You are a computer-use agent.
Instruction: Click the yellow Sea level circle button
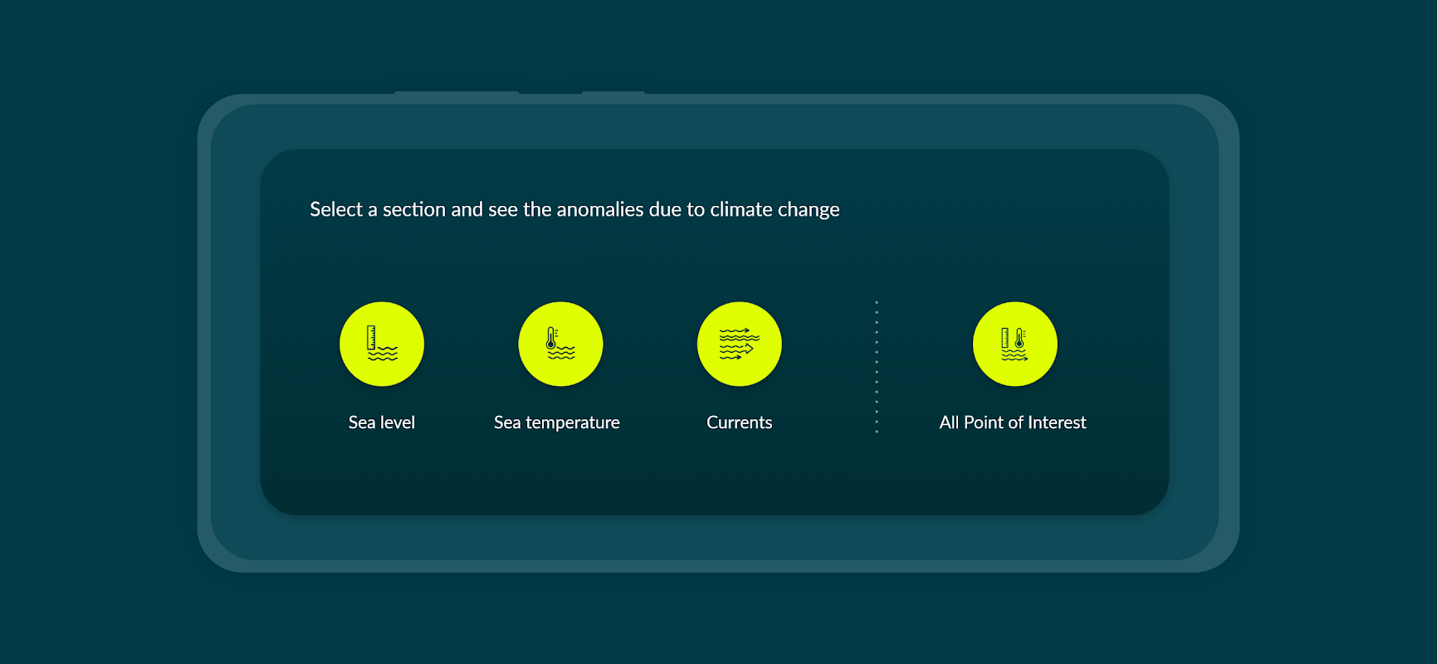pyautogui.click(x=382, y=344)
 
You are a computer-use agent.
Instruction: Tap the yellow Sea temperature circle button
pyautogui.click(x=560, y=344)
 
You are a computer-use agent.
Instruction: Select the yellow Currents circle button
pyautogui.click(x=740, y=344)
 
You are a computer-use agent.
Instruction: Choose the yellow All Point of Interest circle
pyautogui.click(x=1015, y=344)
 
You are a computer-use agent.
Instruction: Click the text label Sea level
pyautogui.click(x=382, y=422)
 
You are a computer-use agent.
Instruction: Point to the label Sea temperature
pyautogui.click(x=557, y=423)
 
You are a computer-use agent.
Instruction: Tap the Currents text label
pyautogui.click(x=740, y=422)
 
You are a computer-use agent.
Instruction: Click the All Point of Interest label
pyautogui.click(x=1013, y=422)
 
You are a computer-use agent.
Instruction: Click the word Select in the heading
pyautogui.click(x=336, y=209)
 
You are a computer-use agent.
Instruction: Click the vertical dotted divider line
pyautogui.click(x=877, y=367)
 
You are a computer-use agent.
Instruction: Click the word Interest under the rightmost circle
pyautogui.click(x=1057, y=422)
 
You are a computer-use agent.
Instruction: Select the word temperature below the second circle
pyautogui.click(x=573, y=423)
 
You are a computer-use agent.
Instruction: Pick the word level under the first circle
pyautogui.click(x=398, y=422)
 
